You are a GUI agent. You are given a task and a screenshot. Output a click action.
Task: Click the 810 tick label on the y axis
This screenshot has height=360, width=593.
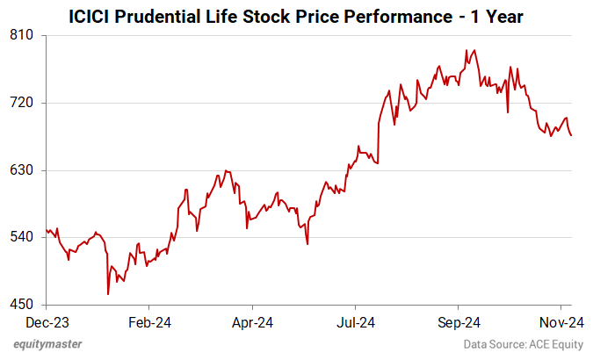click(x=22, y=35)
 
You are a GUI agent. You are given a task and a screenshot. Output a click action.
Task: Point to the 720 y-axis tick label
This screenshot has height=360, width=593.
click(x=22, y=103)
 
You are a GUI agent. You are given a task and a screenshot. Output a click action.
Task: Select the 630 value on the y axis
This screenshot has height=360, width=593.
click(x=22, y=170)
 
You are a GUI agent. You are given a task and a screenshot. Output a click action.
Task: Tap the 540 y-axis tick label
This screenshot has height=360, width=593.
click(x=22, y=238)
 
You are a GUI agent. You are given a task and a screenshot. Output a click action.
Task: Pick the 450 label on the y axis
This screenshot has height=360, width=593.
click(x=22, y=306)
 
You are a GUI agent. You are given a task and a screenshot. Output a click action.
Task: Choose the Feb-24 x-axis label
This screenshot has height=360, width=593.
click(x=149, y=322)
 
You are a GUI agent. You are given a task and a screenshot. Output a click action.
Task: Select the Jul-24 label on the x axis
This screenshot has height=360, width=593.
click(x=356, y=322)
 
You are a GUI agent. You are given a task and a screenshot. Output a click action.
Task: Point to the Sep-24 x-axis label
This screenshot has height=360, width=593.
click(x=459, y=322)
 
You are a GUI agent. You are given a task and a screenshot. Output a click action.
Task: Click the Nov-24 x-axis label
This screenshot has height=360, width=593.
click(x=556, y=322)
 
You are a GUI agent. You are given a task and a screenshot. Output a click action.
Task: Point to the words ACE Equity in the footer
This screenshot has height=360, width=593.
click(x=554, y=344)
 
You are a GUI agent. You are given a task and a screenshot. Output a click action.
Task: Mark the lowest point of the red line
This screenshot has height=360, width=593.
click(x=108, y=294)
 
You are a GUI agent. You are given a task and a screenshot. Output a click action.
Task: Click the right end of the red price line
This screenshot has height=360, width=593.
click(x=571, y=135)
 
